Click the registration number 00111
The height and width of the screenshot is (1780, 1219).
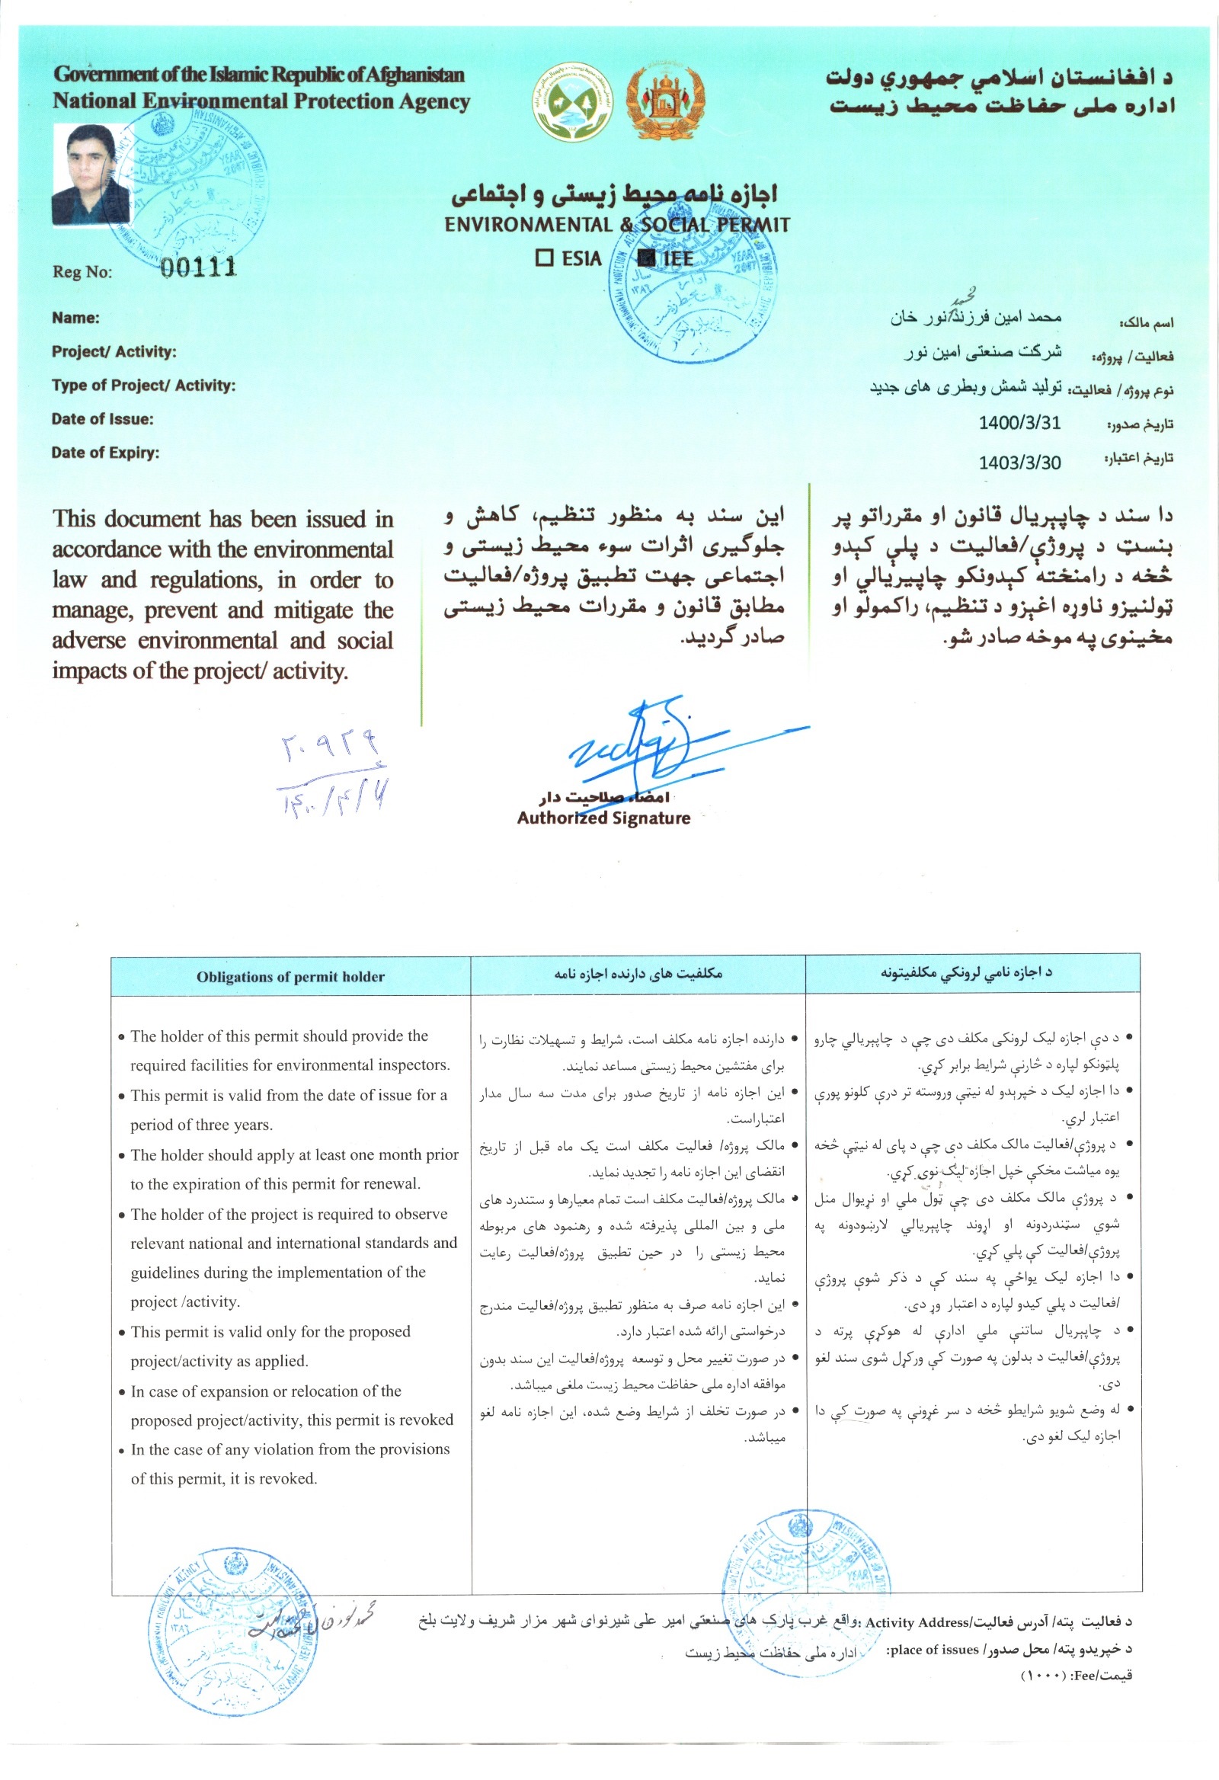[x=198, y=267]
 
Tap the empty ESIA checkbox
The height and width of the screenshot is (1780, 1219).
[x=544, y=258]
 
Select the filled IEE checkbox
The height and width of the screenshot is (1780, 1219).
[x=646, y=258]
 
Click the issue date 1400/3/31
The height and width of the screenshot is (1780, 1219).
[x=1019, y=423]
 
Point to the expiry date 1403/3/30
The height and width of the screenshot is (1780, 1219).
[x=1019, y=463]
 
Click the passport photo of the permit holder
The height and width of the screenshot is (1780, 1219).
[x=91, y=174]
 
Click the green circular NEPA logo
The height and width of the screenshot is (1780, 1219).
[x=573, y=101]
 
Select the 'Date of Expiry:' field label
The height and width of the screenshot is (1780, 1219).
[x=106, y=453]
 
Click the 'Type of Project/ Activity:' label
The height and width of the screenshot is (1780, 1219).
[x=143, y=386]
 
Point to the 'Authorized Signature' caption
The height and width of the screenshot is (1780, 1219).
[x=603, y=818]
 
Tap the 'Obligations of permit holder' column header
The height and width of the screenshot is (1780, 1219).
[x=290, y=977]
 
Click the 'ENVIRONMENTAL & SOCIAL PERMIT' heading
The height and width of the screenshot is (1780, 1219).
[x=616, y=225]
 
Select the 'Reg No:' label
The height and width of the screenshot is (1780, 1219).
[x=82, y=272]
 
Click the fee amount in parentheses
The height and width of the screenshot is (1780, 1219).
[x=1042, y=1676]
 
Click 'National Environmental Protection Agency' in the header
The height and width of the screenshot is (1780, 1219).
[x=261, y=101]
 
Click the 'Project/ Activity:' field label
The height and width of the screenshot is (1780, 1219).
[x=114, y=351]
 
